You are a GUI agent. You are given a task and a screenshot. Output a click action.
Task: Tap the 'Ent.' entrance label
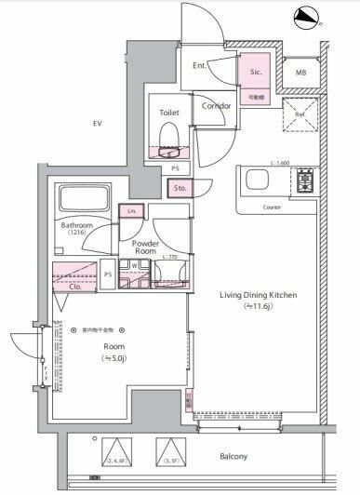tap(200, 66)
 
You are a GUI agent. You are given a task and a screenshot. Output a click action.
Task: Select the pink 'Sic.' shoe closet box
tap(255, 72)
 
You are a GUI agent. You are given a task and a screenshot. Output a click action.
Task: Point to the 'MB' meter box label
tap(300, 72)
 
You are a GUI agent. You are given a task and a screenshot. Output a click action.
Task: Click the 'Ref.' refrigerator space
tap(299, 117)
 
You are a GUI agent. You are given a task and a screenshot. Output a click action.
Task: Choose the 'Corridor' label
tap(216, 106)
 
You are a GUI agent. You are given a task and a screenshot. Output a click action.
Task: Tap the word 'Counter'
tap(272, 207)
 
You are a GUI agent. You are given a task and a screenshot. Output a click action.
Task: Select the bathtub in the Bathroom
tap(85, 199)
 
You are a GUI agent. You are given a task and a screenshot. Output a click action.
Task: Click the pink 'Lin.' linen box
tap(130, 212)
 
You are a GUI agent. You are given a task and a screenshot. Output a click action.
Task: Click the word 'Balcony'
tap(234, 457)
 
